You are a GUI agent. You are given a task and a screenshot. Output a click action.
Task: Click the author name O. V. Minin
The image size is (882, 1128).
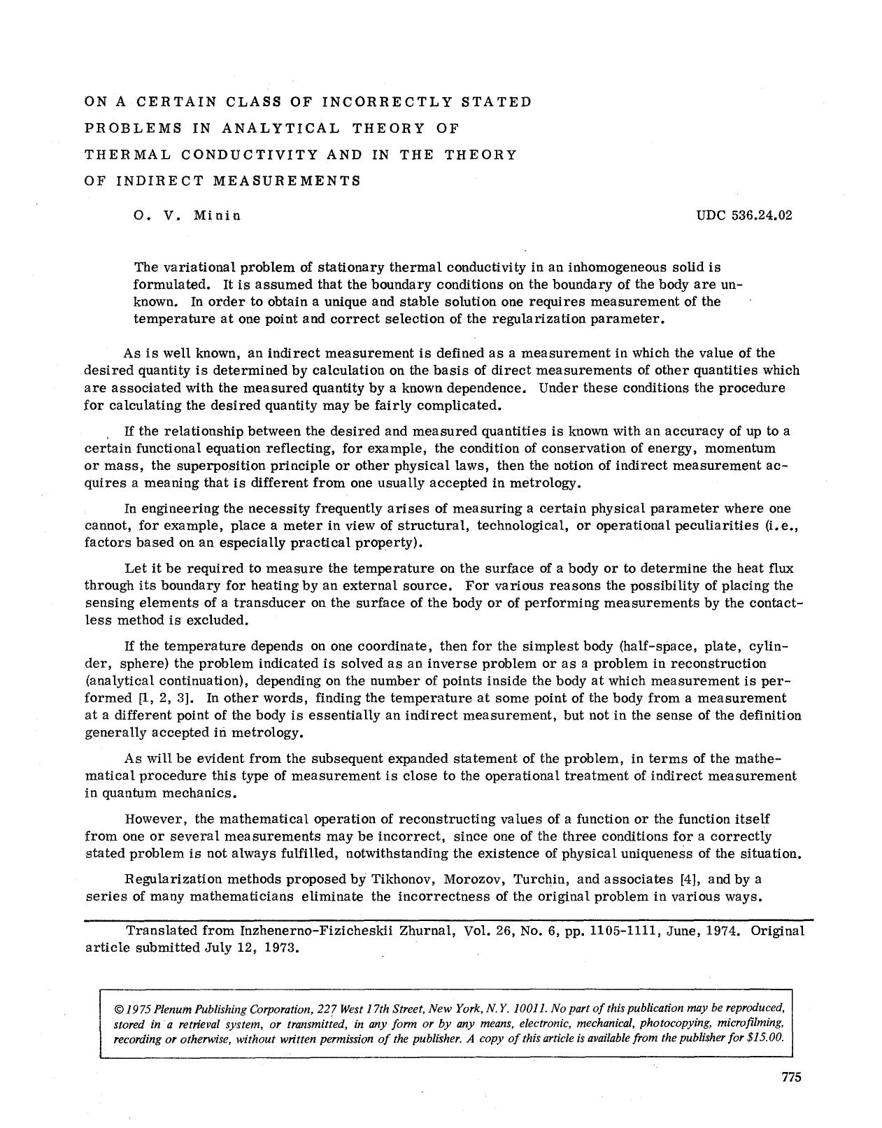187,215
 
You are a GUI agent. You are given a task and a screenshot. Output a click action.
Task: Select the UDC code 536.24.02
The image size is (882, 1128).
744,215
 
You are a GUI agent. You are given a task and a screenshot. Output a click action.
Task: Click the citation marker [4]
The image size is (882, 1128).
690,879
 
